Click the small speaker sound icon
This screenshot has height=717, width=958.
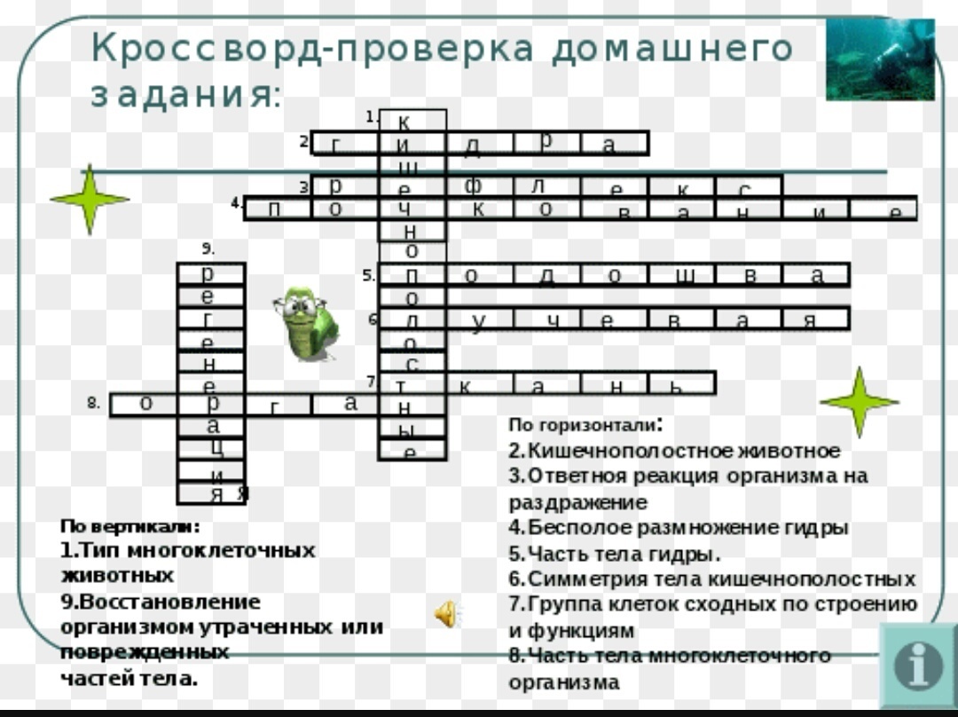(x=446, y=611)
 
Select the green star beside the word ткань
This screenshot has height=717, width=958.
(x=859, y=402)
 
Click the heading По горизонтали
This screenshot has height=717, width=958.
(x=585, y=425)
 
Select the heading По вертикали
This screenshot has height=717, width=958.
(x=130, y=525)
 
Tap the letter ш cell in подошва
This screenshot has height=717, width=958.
(x=684, y=275)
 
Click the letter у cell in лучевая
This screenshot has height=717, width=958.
(x=480, y=319)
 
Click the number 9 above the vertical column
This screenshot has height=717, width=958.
(x=208, y=248)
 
